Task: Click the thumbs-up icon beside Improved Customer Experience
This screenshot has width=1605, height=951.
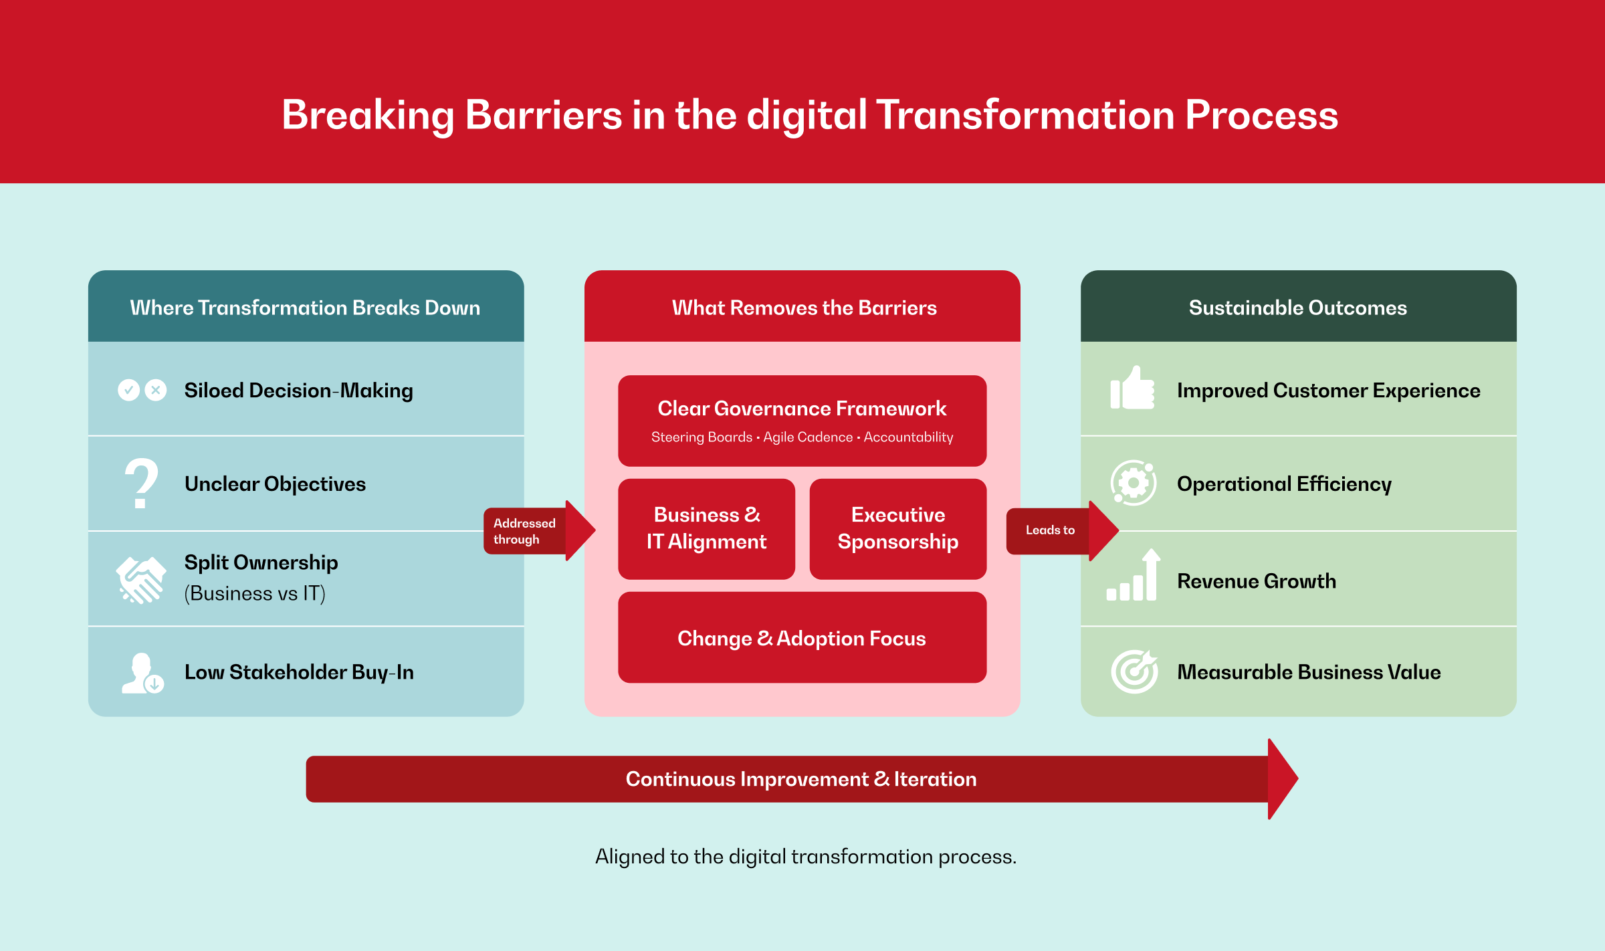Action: [x=1132, y=389]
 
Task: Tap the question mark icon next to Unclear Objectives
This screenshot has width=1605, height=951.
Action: [x=141, y=483]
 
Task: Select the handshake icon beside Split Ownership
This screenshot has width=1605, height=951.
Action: [x=141, y=579]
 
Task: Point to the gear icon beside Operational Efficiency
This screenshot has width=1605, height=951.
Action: [x=1133, y=483]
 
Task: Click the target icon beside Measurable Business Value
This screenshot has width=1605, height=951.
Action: [x=1134, y=671]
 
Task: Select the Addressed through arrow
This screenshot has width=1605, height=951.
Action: [x=538, y=531]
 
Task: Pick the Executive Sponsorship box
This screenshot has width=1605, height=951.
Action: [x=897, y=528]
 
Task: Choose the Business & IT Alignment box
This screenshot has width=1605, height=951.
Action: [x=706, y=528]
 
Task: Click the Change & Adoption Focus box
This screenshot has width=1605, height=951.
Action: [x=801, y=638]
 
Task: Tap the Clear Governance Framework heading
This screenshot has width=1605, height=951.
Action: [x=801, y=408]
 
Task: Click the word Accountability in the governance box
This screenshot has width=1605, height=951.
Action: [x=908, y=437]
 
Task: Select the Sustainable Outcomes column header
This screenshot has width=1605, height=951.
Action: [x=1297, y=308]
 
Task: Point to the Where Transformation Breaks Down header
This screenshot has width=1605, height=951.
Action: [x=305, y=308]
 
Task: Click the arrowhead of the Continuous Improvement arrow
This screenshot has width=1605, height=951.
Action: [x=1281, y=779]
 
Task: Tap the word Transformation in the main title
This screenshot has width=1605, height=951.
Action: [x=1025, y=115]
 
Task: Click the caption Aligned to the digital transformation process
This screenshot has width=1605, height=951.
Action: [x=805, y=857]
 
